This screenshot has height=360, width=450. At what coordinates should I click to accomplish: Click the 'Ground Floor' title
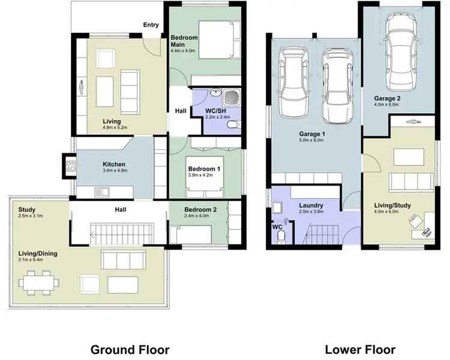click(x=130, y=349)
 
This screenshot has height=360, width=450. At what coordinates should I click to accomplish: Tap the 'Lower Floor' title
click(x=360, y=349)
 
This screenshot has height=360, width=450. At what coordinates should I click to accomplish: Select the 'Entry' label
click(x=151, y=25)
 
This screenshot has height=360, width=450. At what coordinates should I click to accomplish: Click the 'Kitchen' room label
click(x=113, y=164)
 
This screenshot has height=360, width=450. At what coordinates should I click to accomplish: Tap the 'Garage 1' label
click(x=312, y=134)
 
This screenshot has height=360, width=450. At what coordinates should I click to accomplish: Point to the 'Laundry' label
click(x=312, y=205)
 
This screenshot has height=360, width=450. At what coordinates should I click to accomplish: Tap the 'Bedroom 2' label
click(x=201, y=209)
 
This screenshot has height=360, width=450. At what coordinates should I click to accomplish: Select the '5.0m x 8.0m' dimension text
click(x=312, y=141)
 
